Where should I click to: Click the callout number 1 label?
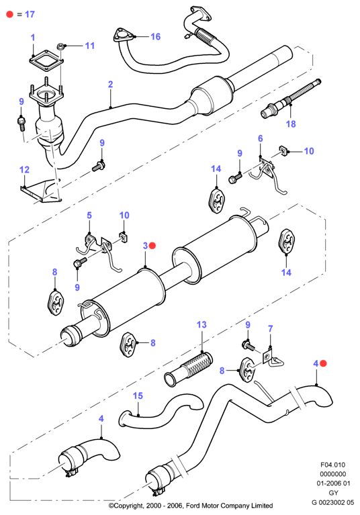(x=33, y=38)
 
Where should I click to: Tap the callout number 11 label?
(x=90, y=46)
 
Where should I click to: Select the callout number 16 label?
(x=155, y=36)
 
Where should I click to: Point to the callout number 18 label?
(x=291, y=124)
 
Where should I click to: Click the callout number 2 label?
(x=110, y=85)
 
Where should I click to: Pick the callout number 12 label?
(x=24, y=170)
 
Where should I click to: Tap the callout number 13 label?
(x=201, y=325)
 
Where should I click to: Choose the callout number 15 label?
(x=138, y=395)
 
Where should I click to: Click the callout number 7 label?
(x=270, y=329)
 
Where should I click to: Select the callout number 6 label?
(x=261, y=138)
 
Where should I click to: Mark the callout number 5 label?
(x=89, y=216)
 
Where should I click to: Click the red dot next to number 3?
(x=152, y=246)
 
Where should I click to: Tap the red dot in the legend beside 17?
(x=10, y=15)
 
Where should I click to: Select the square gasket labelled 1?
(x=46, y=61)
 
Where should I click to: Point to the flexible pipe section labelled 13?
(x=189, y=369)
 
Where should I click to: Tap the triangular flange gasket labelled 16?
(x=122, y=36)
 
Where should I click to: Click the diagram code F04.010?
(x=332, y=465)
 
